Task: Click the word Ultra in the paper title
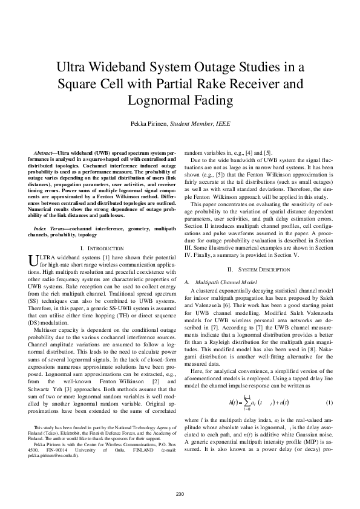click(x=71, y=66)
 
